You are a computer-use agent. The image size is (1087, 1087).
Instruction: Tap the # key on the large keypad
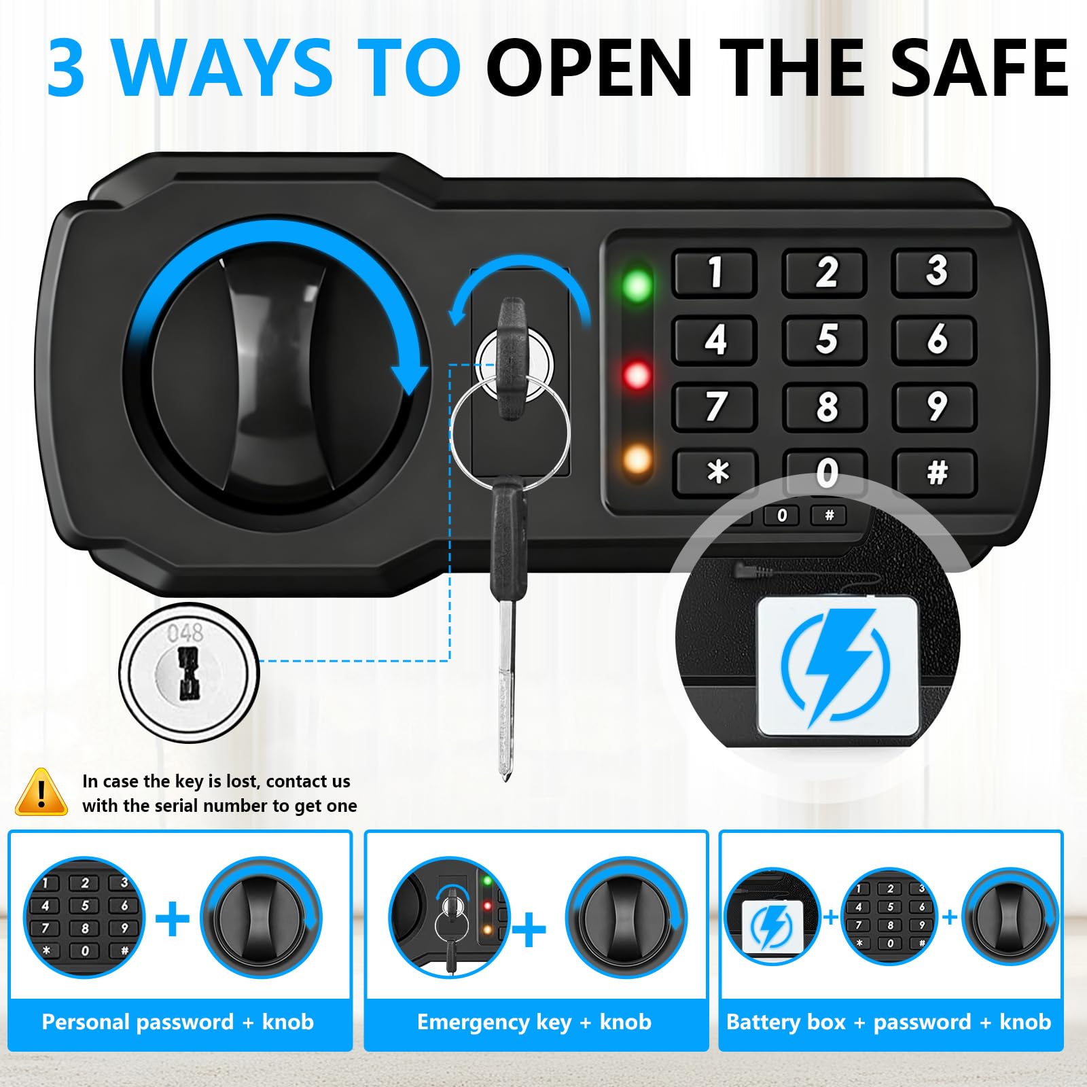click(935, 472)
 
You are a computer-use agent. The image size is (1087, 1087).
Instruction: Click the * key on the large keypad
click(716, 472)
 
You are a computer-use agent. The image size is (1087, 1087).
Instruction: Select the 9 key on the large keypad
click(935, 406)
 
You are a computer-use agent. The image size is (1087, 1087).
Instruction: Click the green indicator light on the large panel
click(637, 285)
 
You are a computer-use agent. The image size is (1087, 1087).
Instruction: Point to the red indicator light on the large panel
click(637, 374)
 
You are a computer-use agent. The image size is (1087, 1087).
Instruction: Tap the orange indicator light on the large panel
click(637, 461)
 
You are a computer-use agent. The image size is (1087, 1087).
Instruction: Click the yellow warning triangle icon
click(41, 792)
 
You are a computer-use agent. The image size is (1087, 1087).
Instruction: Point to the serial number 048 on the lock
click(185, 632)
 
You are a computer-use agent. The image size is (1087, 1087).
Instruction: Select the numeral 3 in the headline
click(66, 68)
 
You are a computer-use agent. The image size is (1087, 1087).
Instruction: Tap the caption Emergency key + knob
click(534, 1022)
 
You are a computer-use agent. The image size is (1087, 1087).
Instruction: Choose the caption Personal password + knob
click(178, 1022)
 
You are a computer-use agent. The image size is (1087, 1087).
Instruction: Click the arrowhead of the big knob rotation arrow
click(410, 379)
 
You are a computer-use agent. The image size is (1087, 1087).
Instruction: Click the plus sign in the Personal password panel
click(173, 919)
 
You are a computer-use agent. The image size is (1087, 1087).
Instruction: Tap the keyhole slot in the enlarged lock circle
click(188, 673)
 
